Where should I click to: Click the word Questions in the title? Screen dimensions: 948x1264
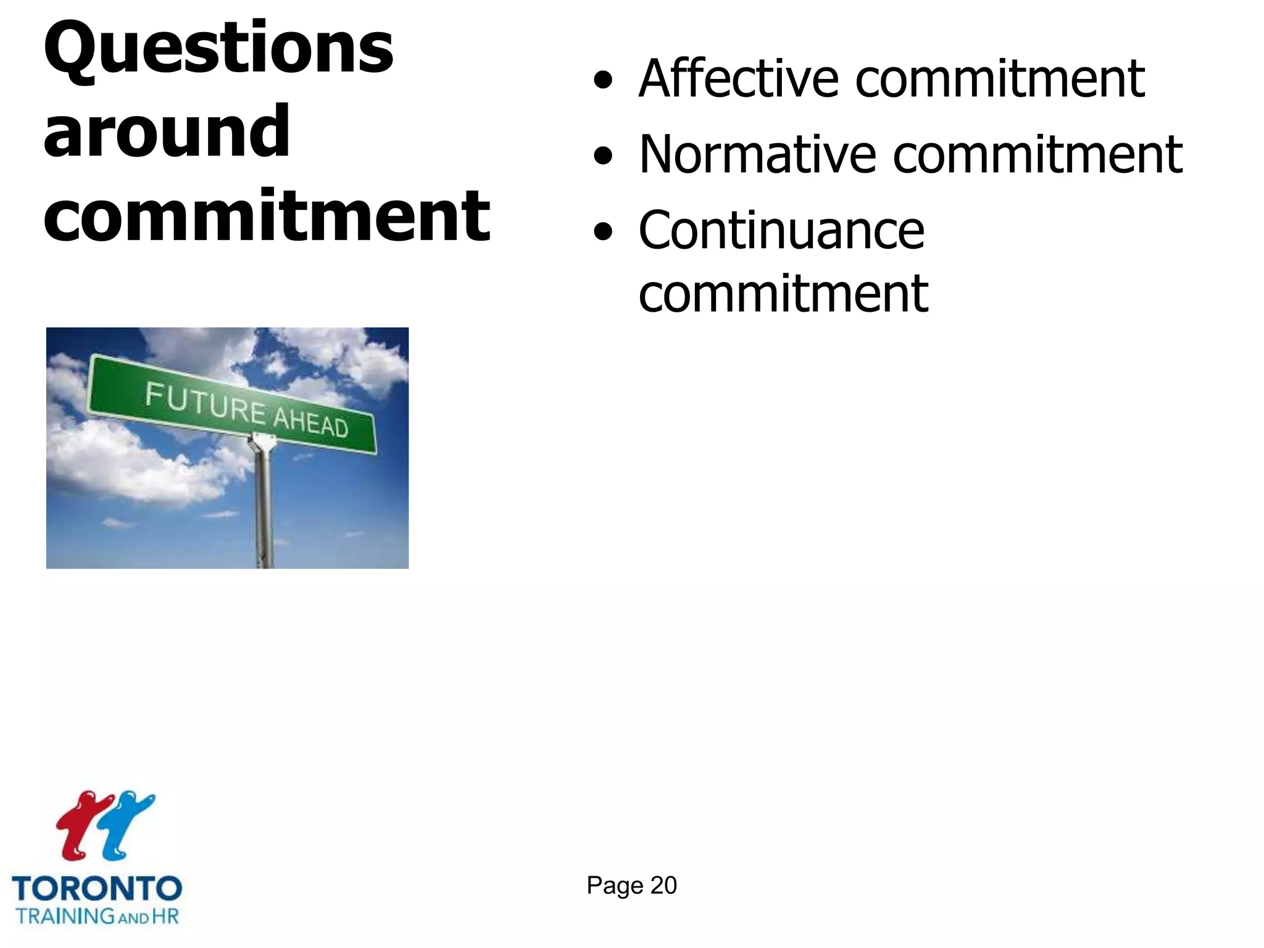coord(218,49)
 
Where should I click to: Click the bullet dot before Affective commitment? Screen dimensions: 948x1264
coord(603,81)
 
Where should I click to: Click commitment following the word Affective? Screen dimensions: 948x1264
coord(1000,80)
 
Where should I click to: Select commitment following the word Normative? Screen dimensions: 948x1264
coord(1037,156)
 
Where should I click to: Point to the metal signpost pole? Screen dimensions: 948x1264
coord(264,506)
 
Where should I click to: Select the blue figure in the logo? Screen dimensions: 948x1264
coord(127,824)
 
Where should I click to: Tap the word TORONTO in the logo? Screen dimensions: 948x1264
coord(97,889)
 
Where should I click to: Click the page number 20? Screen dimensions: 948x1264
coord(663,886)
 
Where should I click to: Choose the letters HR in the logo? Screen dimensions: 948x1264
coord(165,916)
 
